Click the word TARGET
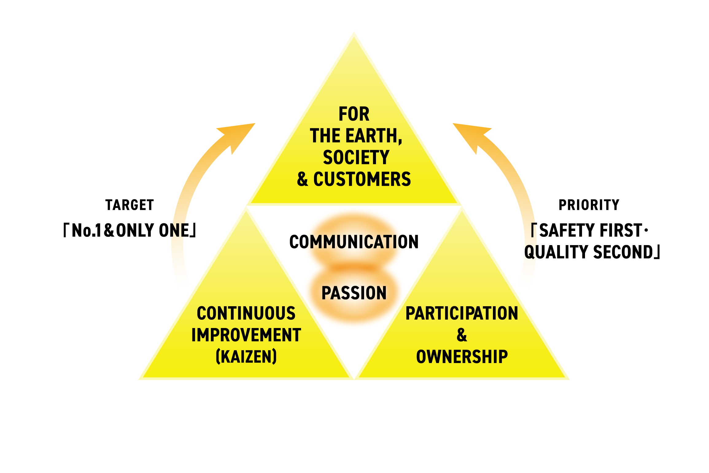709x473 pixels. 130,205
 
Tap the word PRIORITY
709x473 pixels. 589,205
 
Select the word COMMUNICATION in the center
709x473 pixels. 354,242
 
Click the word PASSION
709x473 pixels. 354,293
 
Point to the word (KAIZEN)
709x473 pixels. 246,357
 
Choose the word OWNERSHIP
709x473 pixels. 462,357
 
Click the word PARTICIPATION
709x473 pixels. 462,314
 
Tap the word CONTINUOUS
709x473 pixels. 246,314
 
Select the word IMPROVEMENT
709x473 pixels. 246,335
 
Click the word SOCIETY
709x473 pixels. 356,158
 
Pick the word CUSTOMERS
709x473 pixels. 362,179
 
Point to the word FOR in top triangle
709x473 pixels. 354,114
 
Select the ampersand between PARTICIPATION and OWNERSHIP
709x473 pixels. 462,335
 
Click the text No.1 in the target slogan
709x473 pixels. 87,231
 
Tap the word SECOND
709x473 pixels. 623,252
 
